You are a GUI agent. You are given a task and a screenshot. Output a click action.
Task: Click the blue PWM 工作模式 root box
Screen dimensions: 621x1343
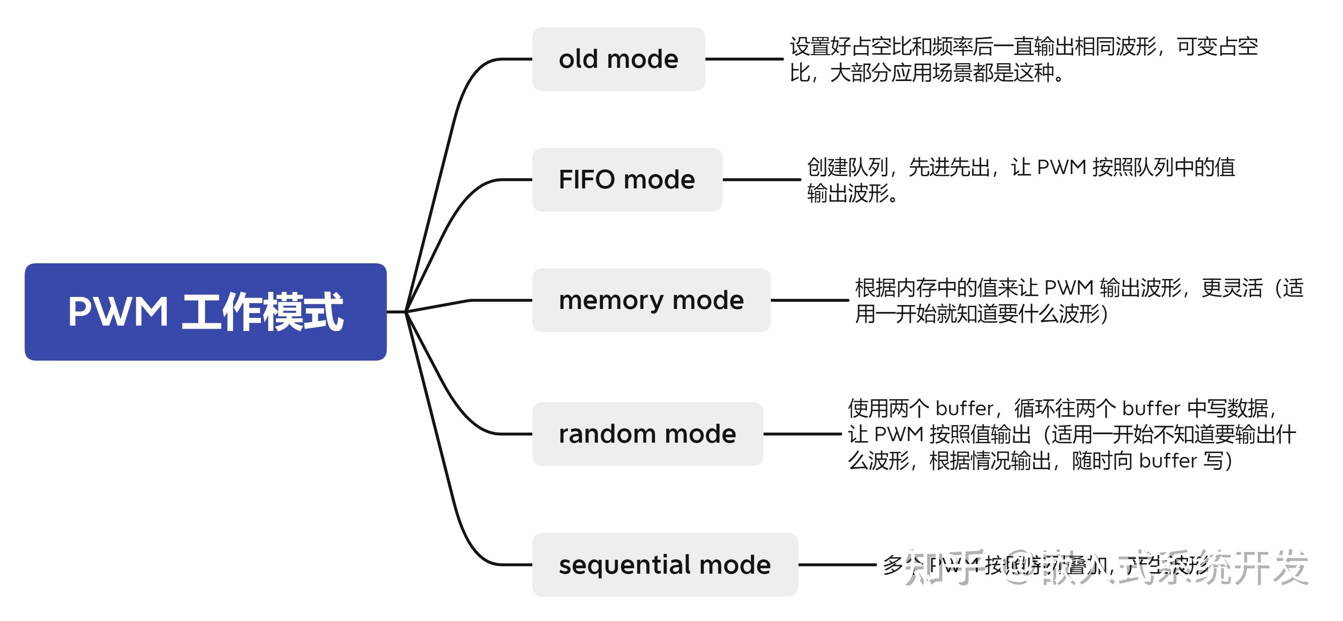click(x=206, y=312)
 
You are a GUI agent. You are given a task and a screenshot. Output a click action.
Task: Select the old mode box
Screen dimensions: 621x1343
click(x=618, y=59)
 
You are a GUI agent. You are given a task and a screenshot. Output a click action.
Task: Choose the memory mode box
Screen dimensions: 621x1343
click(x=651, y=300)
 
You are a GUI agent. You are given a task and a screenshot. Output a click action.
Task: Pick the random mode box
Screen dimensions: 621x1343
click(x=647, y=433)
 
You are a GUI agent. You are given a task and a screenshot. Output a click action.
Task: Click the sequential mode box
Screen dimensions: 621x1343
click(x=665, y=564)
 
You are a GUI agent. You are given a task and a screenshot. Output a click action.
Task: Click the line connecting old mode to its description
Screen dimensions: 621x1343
click(x=744, y=59)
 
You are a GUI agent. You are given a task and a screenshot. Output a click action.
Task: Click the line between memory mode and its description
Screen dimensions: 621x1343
click(x=809, y=300)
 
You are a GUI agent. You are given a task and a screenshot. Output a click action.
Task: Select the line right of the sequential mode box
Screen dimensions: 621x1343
click(x=837, y=564)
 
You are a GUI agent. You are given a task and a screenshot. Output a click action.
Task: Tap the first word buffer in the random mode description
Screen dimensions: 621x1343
click(x=964, y=408)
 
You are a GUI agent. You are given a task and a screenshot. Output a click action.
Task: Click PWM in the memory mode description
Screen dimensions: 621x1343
click(x=1069, y=288)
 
